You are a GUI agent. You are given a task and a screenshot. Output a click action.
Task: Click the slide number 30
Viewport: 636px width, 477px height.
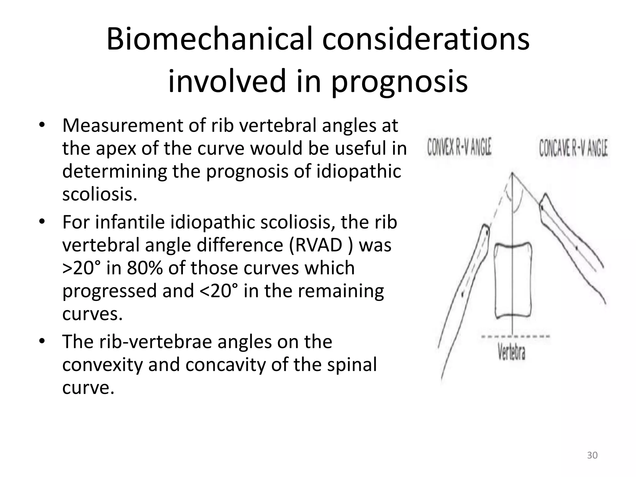tap(592, 455)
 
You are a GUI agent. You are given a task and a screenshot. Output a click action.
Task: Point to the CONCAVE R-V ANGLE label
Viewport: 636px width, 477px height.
tap(573, 148)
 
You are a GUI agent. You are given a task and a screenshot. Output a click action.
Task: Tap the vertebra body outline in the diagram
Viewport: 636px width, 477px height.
tap(512, 281)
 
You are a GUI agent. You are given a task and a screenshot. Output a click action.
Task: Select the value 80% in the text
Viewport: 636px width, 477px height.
tap(144, 268)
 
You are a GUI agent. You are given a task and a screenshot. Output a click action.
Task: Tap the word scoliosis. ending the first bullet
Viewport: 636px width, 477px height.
tap(99, 194)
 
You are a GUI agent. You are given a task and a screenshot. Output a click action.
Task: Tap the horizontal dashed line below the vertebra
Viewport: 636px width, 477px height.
tap(515, 336)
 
